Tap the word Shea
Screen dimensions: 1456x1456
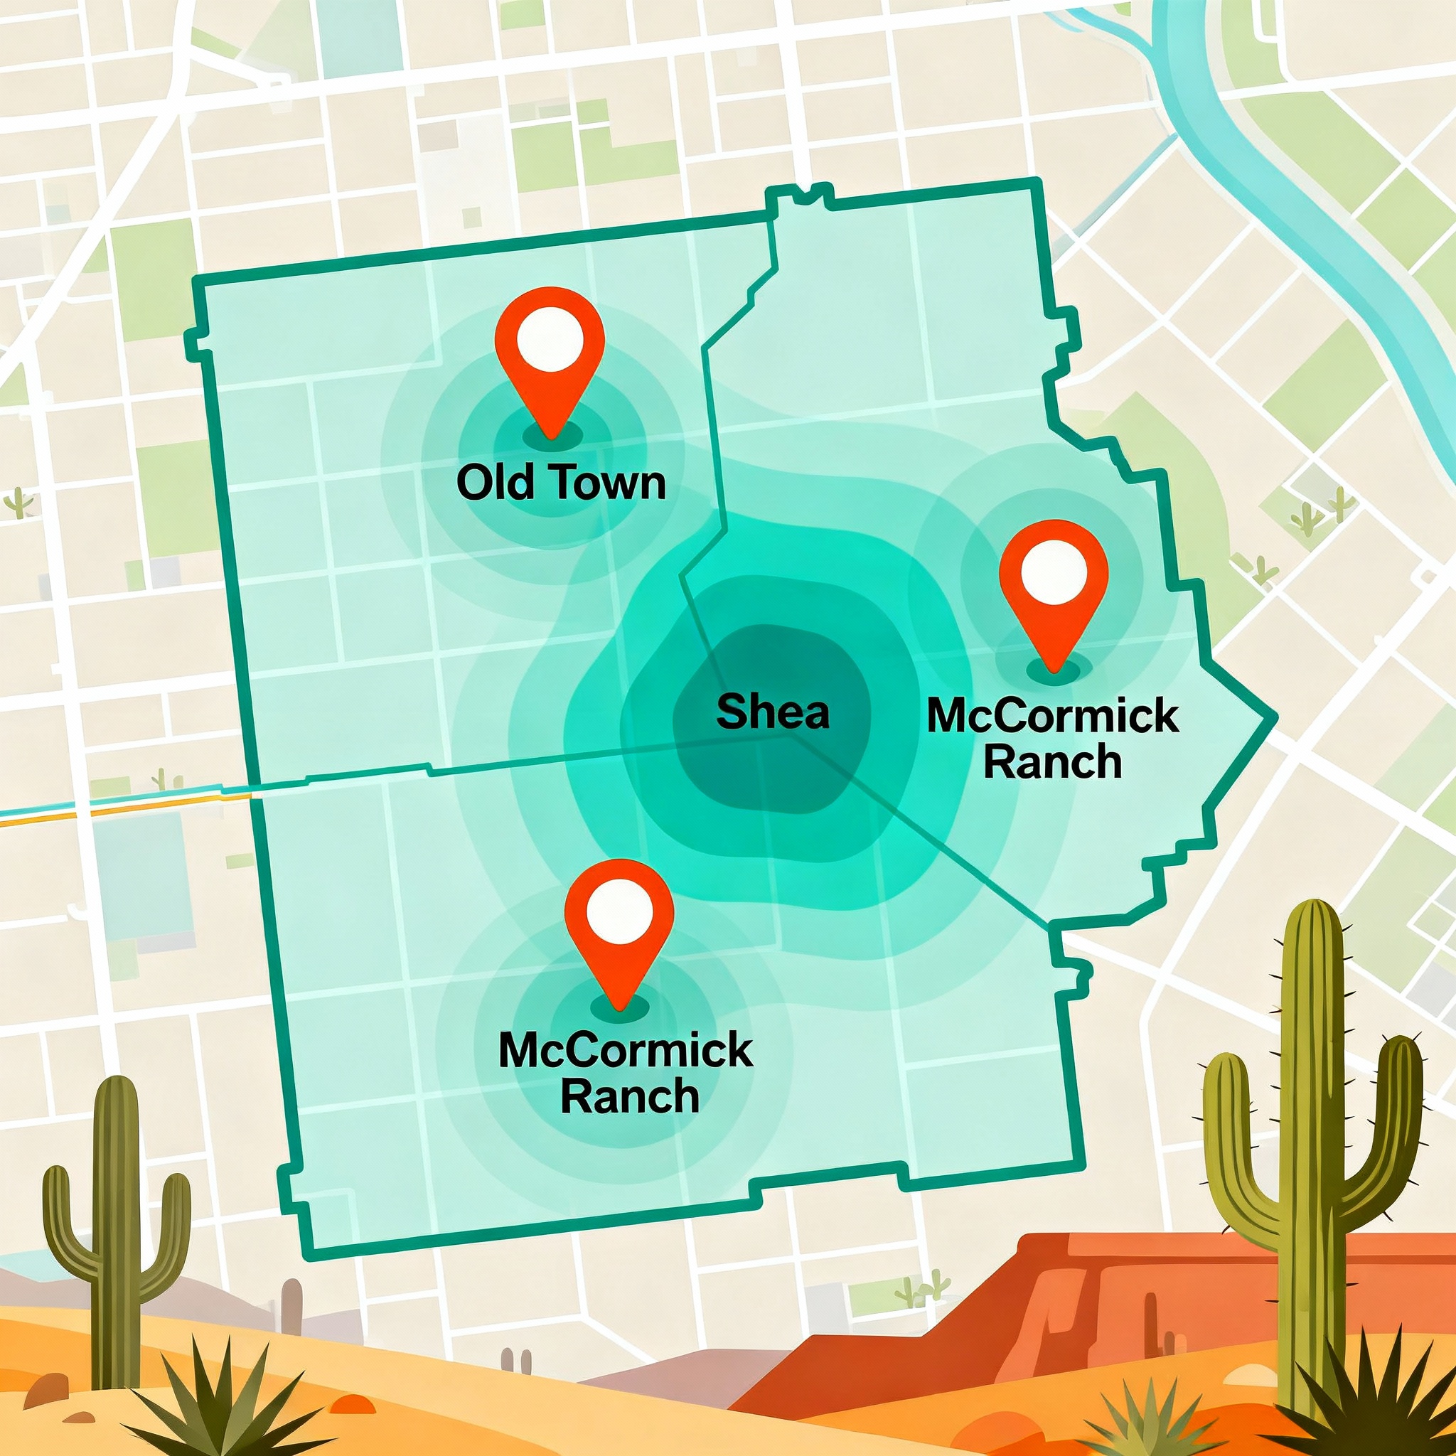pyautogui.click(x=773, y=712)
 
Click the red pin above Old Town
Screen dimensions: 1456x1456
pyautogui.click(x=550, y=354)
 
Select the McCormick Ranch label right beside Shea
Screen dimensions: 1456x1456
pyautogui.click(x=1053, y=739)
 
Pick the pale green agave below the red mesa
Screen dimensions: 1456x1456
pyautogui.click(x=1130, y=1409)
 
